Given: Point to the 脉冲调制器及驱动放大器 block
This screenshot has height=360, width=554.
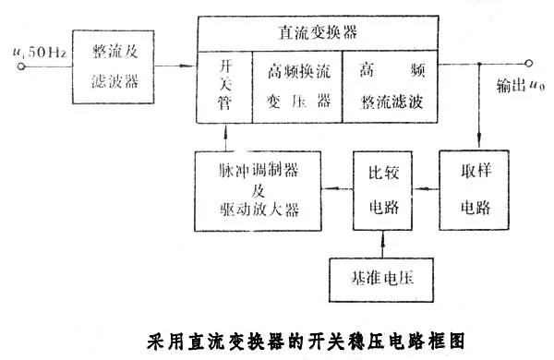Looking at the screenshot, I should pyautogui.click(x=258, y=189).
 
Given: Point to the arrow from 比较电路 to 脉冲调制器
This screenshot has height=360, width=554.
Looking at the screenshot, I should pyautogui.click(x=335, y=188).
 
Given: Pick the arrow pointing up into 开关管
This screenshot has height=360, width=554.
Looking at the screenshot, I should pyautogui.click(x=224, y=135).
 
